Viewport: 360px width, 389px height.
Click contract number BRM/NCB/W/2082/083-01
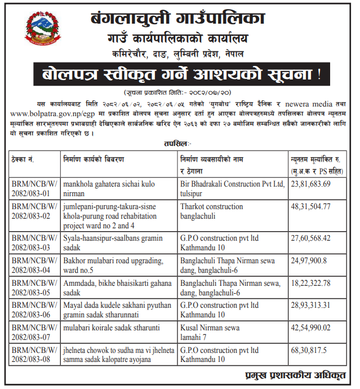point(34,189)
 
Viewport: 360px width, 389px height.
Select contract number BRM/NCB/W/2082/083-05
point(34,287)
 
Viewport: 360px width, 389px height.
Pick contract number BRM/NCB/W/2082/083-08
point(34,355)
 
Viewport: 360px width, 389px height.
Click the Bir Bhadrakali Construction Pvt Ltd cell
point(232,189)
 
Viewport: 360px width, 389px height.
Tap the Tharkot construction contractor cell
point(212,211)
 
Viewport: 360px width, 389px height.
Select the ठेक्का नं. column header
point(24,160)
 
